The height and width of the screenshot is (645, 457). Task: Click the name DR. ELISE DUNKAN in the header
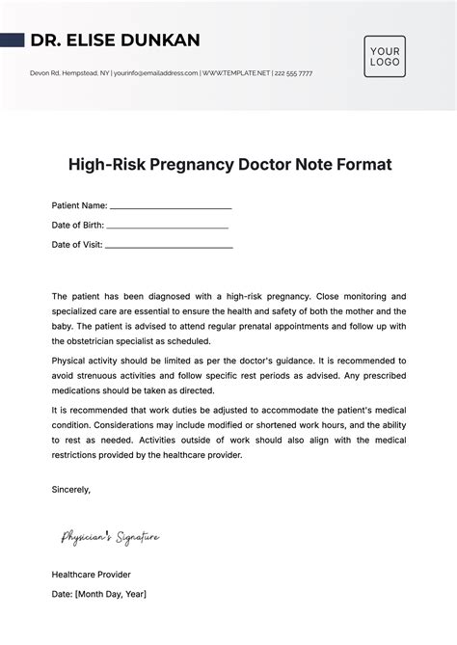115,40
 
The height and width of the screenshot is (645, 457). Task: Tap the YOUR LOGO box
385,56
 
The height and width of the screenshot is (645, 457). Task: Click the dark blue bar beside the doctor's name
13,40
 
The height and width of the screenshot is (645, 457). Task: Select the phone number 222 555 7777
293,73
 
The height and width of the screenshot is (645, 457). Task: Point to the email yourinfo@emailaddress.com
156,73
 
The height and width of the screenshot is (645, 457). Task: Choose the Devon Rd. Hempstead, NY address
70,73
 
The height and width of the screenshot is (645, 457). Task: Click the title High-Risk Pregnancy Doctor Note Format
228,164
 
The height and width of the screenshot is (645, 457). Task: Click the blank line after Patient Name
171,206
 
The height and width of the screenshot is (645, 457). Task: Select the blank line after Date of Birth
168,226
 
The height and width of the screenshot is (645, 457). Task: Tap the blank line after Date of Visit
168,246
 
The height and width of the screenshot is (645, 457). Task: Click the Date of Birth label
77,225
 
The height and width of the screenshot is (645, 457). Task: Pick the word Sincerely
70,489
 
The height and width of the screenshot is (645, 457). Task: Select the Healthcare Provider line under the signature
92,574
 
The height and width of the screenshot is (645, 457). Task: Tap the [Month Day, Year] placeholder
112,594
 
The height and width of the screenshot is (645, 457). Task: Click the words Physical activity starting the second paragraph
85,360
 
